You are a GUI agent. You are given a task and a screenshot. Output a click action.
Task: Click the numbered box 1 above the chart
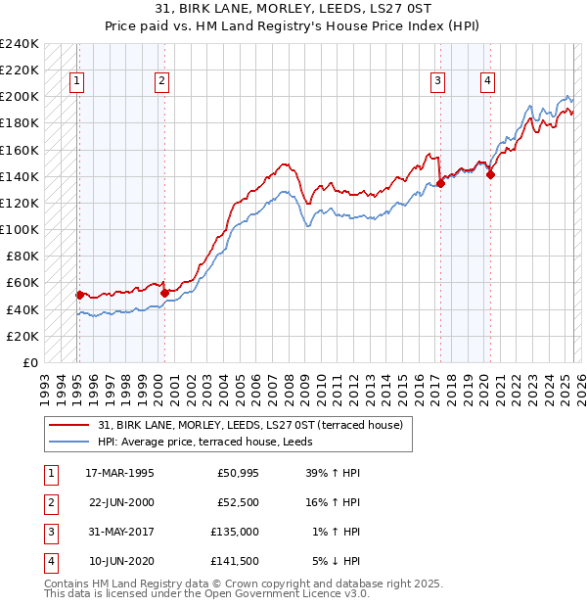[76, 81]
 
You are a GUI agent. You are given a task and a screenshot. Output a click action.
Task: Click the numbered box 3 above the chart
[438, 81]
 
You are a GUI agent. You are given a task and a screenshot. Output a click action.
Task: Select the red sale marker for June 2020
[490, 175]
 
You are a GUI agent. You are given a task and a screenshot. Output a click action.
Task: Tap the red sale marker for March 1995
[79, 295]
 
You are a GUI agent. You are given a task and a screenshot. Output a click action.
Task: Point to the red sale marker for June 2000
[164, 293]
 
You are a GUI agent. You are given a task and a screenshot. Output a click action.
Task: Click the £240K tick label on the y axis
[20, 44]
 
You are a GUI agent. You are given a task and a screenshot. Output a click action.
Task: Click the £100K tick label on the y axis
[20, 230]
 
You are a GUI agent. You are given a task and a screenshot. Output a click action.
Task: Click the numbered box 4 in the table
[49, 562]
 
